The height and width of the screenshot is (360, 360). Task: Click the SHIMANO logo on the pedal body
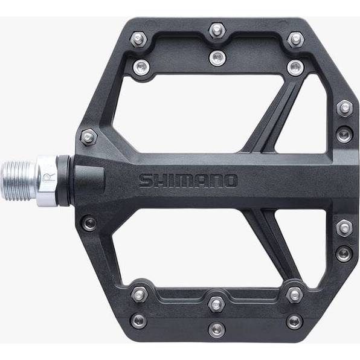(x=188, y=181)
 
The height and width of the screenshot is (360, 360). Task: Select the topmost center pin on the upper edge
(x=217, y=30)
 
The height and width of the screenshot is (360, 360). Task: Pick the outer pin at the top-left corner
(x=138, y=39)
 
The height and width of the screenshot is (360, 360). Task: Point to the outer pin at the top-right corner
(x=296, y=39)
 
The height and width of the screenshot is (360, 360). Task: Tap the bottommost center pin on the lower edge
(x=216, y=330)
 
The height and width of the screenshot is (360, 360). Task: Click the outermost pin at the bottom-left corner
(x=139, y=321)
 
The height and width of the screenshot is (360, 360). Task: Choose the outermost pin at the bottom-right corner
(x=295, y=321)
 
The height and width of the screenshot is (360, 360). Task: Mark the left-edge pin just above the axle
(x=89, y=138)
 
